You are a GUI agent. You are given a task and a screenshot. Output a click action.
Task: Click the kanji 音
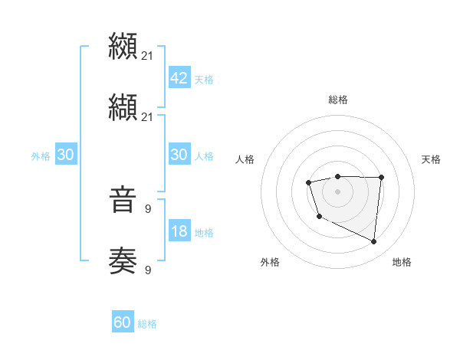pos(123,201)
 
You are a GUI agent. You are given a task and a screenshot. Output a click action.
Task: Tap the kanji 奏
pos(123,261)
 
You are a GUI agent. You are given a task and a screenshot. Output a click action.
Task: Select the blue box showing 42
pos(179,77)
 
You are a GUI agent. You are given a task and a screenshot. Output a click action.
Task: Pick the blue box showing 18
pos(179,231)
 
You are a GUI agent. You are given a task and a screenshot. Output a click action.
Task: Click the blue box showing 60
pos(123,322)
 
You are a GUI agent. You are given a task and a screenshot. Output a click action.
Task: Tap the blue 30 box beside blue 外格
pos(66,154)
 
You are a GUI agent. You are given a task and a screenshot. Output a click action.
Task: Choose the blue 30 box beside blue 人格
pos(179,154)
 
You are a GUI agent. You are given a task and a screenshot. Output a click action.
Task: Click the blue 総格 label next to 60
pos(147,324)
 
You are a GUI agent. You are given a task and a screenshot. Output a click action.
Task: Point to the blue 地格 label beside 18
pos(204,232)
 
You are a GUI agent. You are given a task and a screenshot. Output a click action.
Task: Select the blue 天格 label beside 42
pos(204,79)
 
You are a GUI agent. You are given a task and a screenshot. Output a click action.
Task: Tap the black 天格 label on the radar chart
pos(431,159)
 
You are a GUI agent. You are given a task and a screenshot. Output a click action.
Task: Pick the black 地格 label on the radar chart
pos(402,262)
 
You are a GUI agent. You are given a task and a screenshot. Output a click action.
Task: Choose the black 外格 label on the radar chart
pos(270,262)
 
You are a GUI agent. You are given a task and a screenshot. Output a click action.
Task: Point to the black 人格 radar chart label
pos(245,159)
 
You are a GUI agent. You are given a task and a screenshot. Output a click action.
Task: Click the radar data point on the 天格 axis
pos(382,178)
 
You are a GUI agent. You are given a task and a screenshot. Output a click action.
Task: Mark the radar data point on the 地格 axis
pos(374,242)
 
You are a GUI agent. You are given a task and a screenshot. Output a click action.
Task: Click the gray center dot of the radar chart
pos(337,191)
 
